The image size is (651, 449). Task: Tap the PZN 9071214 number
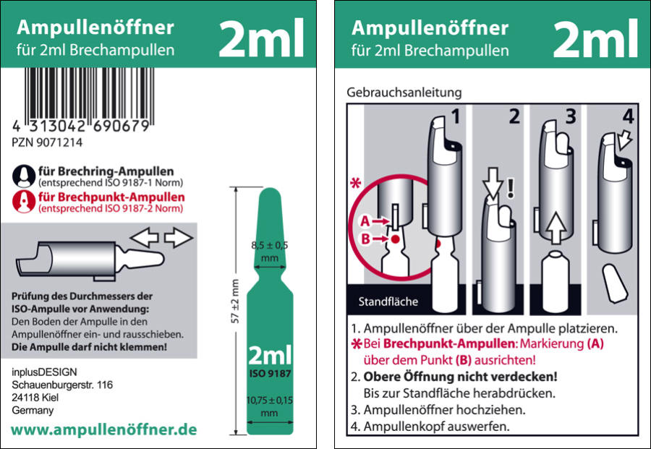coord(47,142)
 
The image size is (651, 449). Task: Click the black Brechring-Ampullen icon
coord(24,176)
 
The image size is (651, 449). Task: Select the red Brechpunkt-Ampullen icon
coord(24,202)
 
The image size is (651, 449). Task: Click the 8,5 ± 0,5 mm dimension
coord(270,252)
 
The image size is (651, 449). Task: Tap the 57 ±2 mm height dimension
coord(235,302)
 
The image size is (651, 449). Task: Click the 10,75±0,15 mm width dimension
coord(270,406)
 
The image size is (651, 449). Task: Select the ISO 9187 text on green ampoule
coord(270,374)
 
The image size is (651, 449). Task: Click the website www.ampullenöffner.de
coord(103,429)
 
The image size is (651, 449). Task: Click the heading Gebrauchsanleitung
coord(404,92)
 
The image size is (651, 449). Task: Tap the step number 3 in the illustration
coord(571,116)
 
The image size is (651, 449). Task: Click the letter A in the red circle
coord(365,221)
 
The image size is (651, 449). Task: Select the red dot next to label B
coord(395,239)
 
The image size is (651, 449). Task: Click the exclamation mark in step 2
coord(511,188)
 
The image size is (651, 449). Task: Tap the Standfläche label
coord(388,302)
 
